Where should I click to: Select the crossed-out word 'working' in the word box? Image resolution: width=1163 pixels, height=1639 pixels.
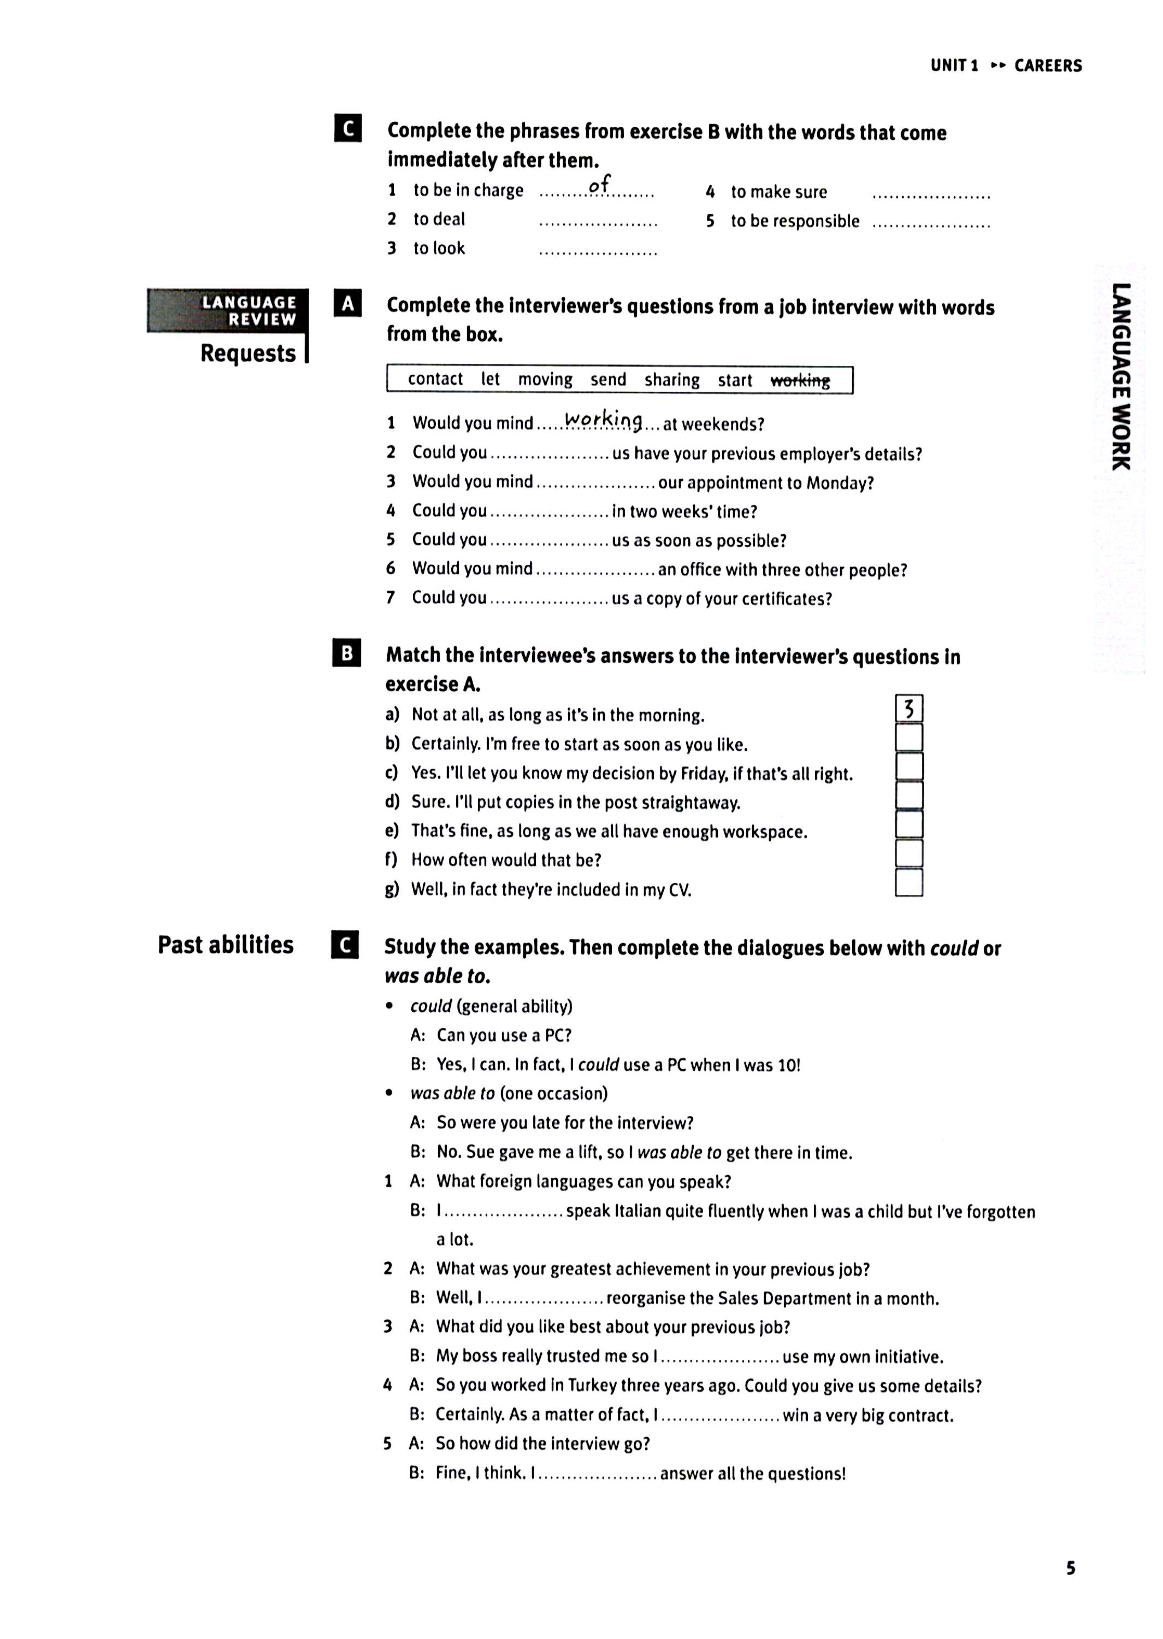[x=800, y=380]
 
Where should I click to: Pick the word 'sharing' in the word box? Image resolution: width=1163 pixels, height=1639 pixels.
[x=672, y=380]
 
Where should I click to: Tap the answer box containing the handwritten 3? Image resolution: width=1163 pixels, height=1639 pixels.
[x=909, y=709]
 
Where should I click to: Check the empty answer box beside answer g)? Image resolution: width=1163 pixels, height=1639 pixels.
[x=909, y=883]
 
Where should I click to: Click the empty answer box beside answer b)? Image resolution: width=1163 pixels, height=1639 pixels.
[x=909, y=738]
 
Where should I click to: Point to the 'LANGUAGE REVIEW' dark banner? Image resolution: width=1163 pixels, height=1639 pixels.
[x=228, y=311]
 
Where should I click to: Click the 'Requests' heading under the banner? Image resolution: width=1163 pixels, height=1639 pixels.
[x=248, y=353]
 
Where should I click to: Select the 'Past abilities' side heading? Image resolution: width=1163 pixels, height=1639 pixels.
[x=226, y=945]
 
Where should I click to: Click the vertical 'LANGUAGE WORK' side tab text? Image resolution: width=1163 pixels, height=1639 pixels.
[x=1121, y=376]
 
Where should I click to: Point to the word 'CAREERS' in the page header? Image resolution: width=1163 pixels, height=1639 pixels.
[x=1048, y=66]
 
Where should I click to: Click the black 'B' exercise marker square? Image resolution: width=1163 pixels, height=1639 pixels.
[x=347, y=653]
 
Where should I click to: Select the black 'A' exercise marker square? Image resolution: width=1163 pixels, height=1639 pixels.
[x=348, y=304]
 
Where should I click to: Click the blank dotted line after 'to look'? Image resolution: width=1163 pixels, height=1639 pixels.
[x=598, y=251]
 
